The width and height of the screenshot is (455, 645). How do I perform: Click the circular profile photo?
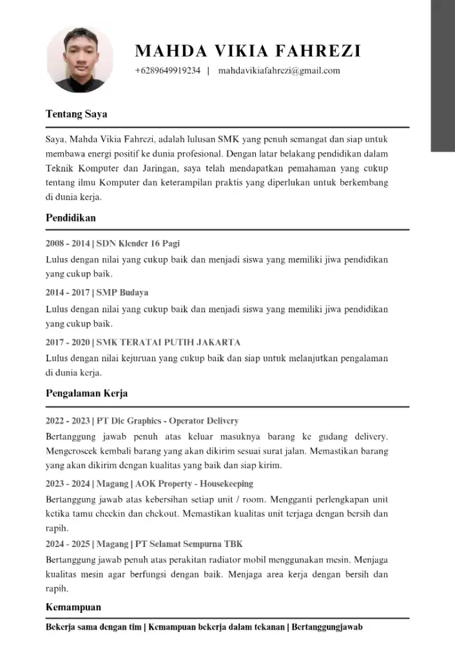tap(80, 59)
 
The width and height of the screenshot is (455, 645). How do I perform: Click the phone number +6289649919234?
tap(168, 70)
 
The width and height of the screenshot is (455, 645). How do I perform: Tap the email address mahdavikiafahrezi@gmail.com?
tap(279, 70)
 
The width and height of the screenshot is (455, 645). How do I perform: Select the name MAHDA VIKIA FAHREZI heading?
tap(248, 51)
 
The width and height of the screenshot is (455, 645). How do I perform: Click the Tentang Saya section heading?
tap(76, 114)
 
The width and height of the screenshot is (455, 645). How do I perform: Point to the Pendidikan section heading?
tap(70, 217)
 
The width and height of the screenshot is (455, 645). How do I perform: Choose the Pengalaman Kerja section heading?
tap(86, 393)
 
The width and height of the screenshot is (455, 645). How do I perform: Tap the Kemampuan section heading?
tap(73, 607)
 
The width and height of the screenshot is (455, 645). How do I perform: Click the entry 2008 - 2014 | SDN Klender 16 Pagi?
tap(113, 243)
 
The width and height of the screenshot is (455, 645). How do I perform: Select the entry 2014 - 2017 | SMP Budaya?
tap(97, 292)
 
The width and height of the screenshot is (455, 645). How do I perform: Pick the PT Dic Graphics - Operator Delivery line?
tap(168, 421)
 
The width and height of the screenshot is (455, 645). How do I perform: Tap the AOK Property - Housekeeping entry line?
tap(193, 483)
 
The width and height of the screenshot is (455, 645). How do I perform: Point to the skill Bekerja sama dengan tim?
tap(93, 627)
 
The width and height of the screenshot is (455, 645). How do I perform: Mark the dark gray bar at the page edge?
tap(443, 75)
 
